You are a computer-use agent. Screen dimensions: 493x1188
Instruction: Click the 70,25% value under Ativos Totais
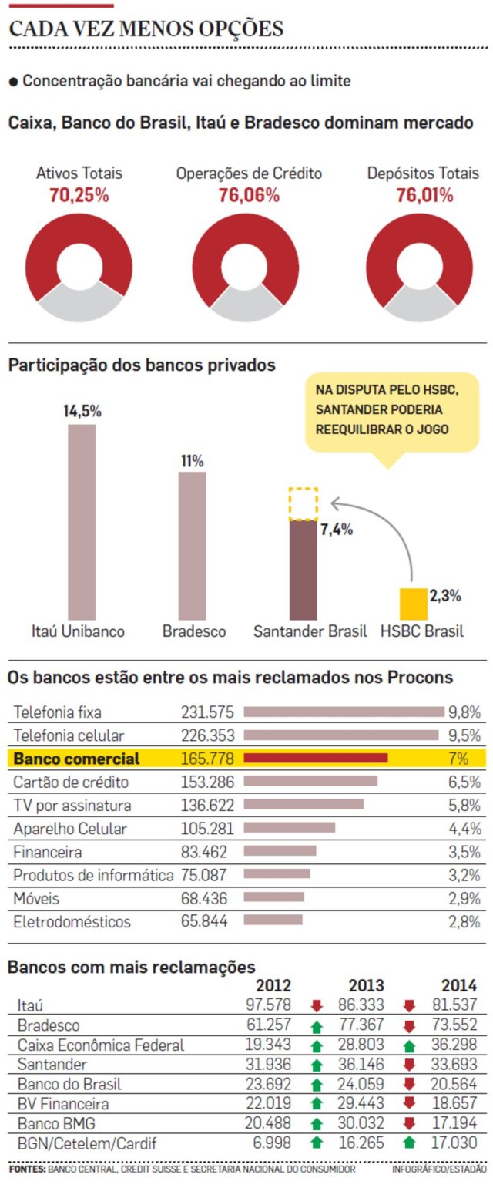point(79,195)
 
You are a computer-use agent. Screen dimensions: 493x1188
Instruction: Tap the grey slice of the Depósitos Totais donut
point(420,305)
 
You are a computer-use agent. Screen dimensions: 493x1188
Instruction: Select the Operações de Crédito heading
point(249,173)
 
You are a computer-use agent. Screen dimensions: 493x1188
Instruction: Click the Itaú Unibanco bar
point(82,522)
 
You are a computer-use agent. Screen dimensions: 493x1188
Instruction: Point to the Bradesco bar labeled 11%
point(192,546)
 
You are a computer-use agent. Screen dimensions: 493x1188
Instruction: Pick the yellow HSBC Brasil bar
point(414,604)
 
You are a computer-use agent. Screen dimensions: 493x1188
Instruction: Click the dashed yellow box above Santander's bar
point(304,504)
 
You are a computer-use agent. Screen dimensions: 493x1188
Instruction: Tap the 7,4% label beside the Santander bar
point(337,530)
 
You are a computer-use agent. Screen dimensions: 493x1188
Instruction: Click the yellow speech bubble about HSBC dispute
point(392,412)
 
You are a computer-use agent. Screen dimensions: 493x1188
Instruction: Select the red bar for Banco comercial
point(316,759)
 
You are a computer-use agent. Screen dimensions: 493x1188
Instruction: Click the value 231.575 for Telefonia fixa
point(207,712)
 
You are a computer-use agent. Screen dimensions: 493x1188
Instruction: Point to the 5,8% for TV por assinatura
point(464,805)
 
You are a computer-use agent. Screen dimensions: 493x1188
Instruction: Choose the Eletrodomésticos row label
point(72,922)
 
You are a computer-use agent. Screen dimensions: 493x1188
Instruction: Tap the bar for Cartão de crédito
point(310,781)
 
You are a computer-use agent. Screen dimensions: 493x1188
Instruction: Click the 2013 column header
point(367,985)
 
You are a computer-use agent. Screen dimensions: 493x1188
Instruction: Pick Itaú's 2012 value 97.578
point(268,1005)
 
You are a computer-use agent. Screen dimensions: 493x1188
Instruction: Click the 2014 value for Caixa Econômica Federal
point(454,1045)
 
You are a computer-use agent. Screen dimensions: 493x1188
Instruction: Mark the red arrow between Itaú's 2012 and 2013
point(317,1005)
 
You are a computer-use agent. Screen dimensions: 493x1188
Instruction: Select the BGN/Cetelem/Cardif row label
point(87,1143)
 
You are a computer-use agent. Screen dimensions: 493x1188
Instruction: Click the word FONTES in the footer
point(27,1169)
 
